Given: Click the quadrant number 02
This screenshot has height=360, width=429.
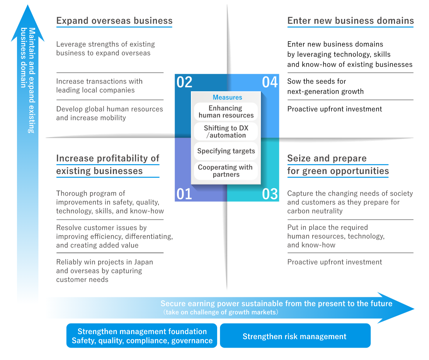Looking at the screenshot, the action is click(x=184, y=82).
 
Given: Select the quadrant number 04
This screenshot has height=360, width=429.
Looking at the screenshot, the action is click(x=270, y=82).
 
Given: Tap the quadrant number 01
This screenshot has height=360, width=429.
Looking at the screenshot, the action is click(x=184, y=194).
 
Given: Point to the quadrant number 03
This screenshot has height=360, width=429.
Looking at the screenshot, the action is click(x=270, y=194).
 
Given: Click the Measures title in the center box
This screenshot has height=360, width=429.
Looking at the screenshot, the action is click(x=227, y=97).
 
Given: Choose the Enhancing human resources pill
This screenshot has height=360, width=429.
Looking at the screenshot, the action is click(x=226, y=112).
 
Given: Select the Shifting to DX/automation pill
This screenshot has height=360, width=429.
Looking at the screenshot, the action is click(x=226, y=131).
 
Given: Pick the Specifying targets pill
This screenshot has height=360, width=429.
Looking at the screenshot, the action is click(x=226, y=151).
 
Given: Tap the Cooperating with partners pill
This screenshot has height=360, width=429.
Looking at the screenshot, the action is click(x=226, y=171).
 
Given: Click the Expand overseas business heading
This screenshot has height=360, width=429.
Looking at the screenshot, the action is click(x=114, y=21).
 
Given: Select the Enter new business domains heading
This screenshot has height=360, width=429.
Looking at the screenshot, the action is click(x=351, y=21).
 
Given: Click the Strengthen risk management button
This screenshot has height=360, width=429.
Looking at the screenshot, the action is click(x=295, y=336).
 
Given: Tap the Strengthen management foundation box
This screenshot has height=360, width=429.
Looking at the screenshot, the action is click(x=142, y=336).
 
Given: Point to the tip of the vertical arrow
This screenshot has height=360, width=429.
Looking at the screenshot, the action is click(x=27, y=5).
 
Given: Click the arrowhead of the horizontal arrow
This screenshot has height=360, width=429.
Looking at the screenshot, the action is click(x=413, y=309).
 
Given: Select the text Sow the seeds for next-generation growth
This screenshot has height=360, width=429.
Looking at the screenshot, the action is click(x=325, y=86).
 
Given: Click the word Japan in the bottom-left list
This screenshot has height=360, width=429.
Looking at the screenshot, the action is click(x=143, y=262).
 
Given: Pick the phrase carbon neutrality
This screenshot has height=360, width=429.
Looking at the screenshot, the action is click(x=315, y=211).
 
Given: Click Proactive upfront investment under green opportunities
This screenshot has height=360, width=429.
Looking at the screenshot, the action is click(x=335, y=262).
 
